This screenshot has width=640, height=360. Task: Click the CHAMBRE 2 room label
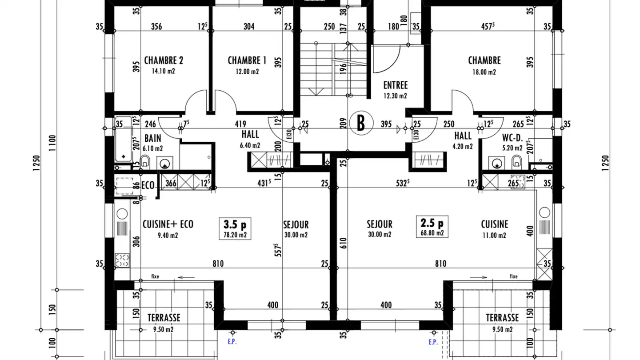[x=164, y=60]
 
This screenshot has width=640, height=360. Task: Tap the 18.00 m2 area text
[x=484, y=72]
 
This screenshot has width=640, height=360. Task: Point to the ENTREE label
[x=395, y=85]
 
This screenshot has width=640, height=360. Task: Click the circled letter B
[x=360, y=123]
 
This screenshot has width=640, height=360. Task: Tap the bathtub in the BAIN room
[x=123, y=139]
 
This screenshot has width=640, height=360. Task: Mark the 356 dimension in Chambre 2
[x=156, y=27]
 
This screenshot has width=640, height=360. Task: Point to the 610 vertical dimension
[x=343, y=243]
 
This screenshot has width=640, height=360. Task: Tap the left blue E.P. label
[x=232, y=342]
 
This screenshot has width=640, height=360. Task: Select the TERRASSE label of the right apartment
[x=502, y=318]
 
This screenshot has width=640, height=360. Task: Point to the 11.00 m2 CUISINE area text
[x=494, y=236]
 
